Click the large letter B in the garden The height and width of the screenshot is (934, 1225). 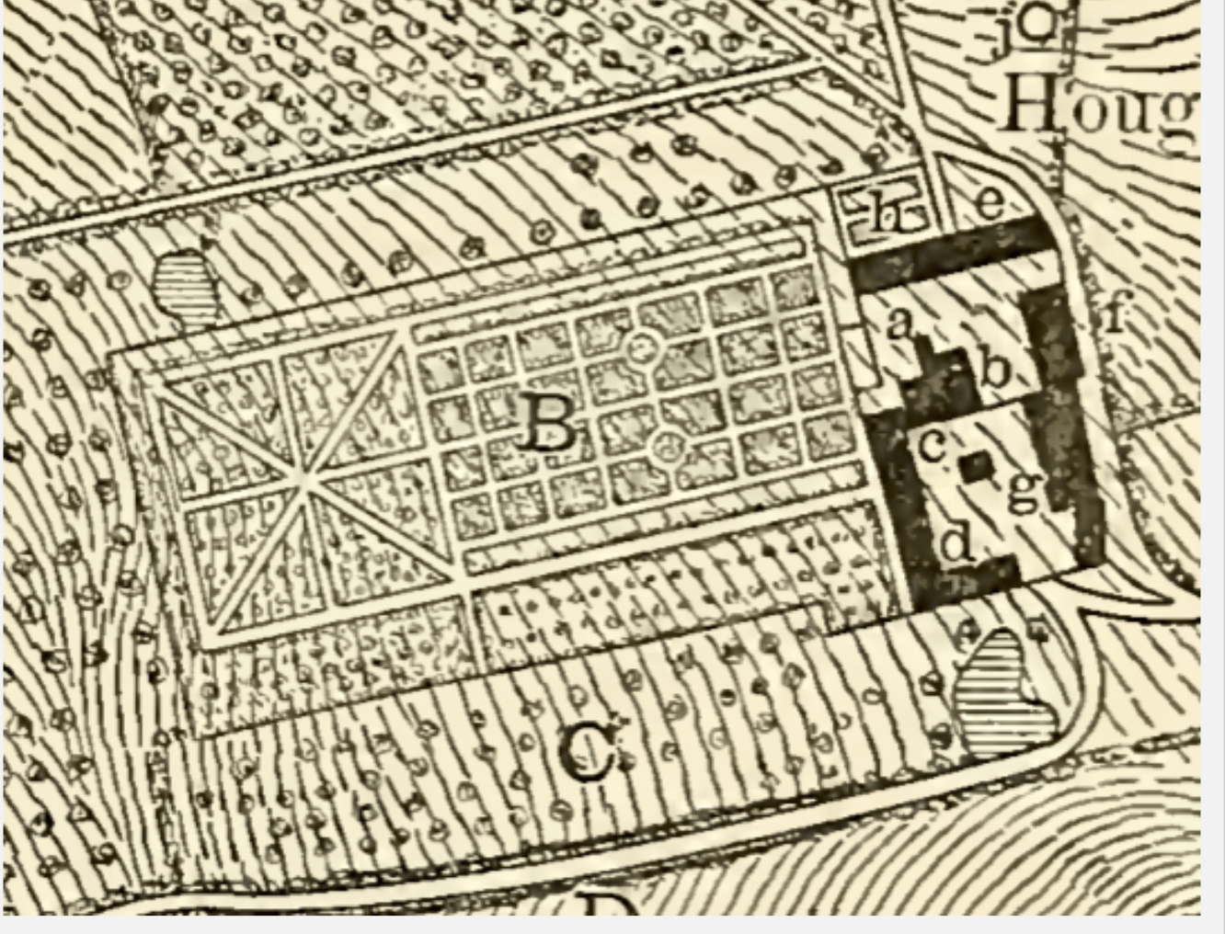point(549,425)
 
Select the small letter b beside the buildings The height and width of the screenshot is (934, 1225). point(996,370)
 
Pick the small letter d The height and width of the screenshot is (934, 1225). point(958,542)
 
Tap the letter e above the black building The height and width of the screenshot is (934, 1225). point(989,200)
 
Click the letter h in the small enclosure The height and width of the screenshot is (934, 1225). point(886,216)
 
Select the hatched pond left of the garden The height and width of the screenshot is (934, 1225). point(184,284)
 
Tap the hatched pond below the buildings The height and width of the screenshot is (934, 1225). point(1001,691)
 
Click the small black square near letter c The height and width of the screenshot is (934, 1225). point(974,468)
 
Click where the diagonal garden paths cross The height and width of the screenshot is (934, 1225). point(304,477)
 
